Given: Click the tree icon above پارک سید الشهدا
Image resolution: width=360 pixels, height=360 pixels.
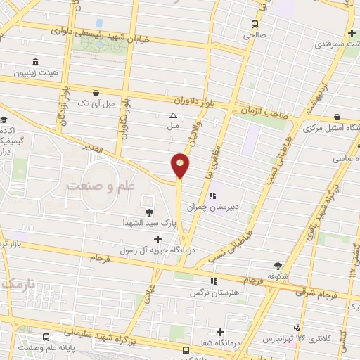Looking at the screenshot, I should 148,212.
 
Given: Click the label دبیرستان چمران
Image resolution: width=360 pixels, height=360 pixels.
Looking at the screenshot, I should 212,207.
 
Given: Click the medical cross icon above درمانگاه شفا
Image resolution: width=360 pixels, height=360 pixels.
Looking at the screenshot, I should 221,331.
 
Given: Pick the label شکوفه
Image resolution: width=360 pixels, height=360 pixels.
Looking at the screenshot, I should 278,276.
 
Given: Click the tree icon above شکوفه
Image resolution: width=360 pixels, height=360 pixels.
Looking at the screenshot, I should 278,265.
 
